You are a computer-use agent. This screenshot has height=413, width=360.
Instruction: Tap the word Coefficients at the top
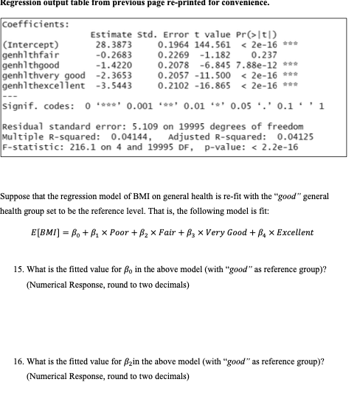pyautogui.click(x=36, y=22)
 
